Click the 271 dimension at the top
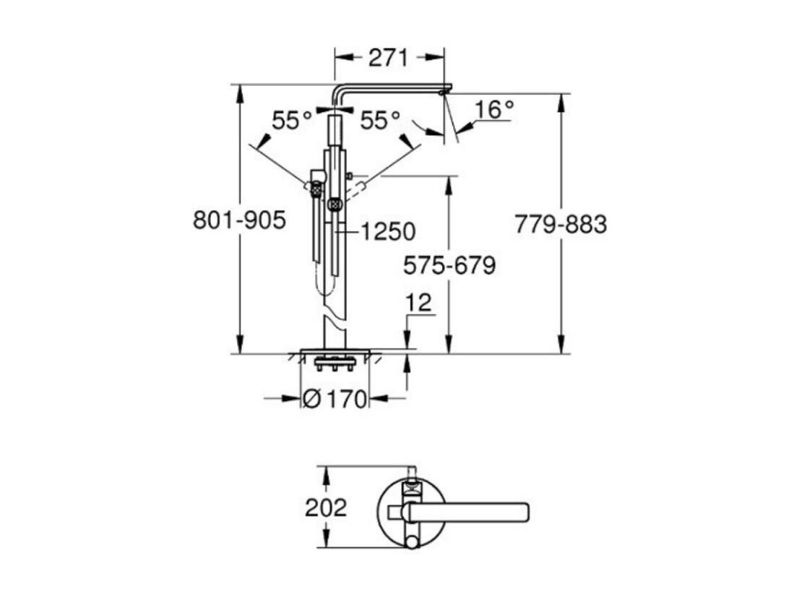click(388, 58)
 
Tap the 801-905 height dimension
click(240, 220)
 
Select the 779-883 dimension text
click(561, 224)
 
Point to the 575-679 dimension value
click(449, 265)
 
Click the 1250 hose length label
click(388, 231)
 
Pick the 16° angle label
click(494, 109)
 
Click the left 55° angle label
click(291, 120)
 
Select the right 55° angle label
click(380, 120)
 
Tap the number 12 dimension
click(419, 303)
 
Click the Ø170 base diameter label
click(334, 399)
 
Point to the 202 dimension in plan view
click(326, 507)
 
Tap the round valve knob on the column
click(334, 205)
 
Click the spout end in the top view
click(526, 512)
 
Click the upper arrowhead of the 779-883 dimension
click(561, 103)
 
